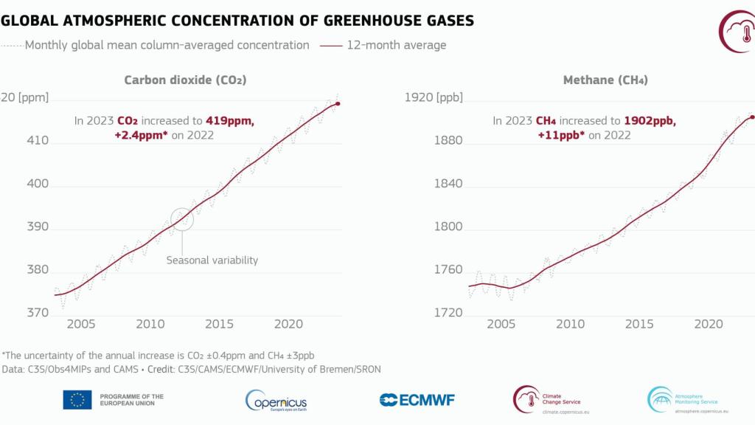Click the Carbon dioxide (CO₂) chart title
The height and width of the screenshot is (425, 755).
[x=185, y=80]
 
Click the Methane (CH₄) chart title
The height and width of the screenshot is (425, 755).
[x=605, y=80]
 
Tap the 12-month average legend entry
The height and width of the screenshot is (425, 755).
[x=383, y=45]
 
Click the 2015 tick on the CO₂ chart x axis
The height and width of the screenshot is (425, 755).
[x=220, y=324]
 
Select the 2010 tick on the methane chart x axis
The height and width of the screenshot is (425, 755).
[x=569, y=324]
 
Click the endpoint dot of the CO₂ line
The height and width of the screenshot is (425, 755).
[x=338, y=103]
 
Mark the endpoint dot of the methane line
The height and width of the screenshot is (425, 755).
[x=751, y=117]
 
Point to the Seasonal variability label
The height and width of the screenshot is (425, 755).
[x=212, y=260]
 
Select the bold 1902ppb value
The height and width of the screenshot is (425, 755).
[x=650, y=120]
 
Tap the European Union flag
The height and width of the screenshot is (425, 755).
[x=77, y=400]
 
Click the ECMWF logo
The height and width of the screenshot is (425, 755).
[x=417, y=400]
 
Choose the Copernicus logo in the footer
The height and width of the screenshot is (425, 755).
[x=276, y=400]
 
